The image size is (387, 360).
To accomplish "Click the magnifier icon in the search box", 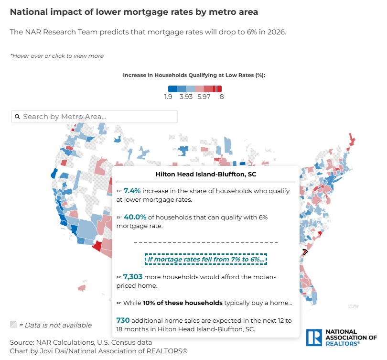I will [x=17, y=117].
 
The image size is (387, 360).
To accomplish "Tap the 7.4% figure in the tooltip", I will [x=132, y=191].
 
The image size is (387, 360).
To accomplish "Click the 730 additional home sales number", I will [x=123, y=320].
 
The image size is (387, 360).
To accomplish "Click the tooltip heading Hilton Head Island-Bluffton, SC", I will [x=205, y=175].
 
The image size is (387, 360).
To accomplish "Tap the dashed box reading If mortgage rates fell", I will [x=206, y=260].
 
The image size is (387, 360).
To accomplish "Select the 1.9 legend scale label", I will [x=168, y=97].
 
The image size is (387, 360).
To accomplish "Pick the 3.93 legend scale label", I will [x=186, y=97].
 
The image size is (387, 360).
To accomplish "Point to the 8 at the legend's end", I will [x=222, y=97].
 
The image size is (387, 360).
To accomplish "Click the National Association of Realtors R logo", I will [x=313, y=337].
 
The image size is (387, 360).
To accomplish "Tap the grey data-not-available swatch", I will [x=13, y=325].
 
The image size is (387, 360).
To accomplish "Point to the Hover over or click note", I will [x=57, y=56].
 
